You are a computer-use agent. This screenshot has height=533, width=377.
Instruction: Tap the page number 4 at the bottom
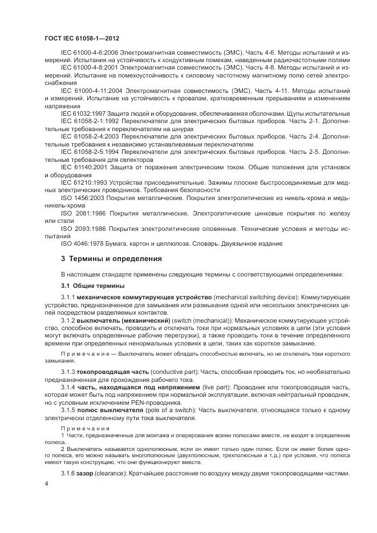47,483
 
